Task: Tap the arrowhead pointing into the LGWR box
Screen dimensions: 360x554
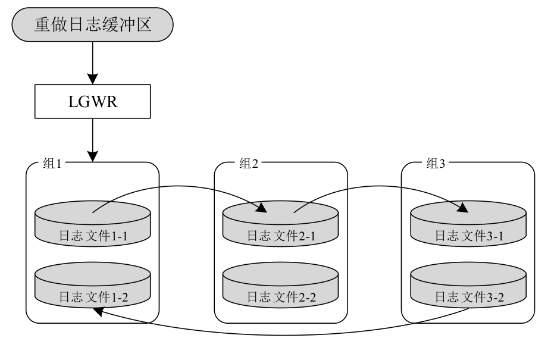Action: click(92, 79)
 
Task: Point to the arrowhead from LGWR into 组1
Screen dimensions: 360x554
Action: click(92, 156)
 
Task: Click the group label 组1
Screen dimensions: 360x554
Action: click(53, 164)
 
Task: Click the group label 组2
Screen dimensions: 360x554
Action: click(249, 164)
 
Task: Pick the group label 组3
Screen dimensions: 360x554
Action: click(436, 164)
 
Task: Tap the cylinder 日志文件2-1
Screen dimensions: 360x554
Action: click(280, 223)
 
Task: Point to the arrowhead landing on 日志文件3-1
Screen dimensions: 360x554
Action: click(462, 208)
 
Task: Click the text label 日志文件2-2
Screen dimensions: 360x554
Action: click(280, 296)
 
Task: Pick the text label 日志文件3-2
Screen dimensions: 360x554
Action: click(470, 296)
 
